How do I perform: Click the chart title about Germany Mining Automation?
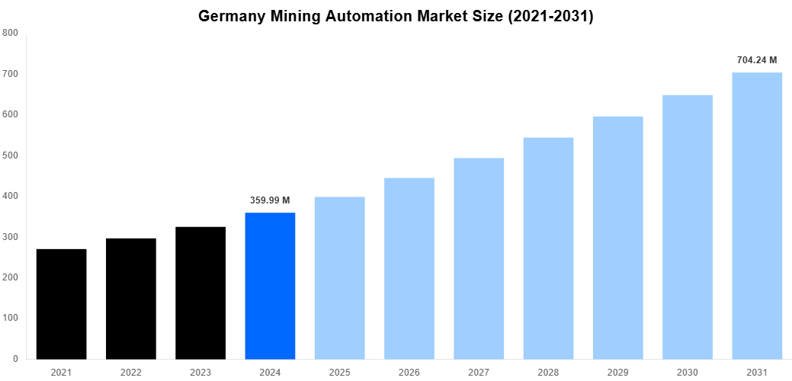396,16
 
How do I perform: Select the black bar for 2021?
61,304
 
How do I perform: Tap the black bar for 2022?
131,299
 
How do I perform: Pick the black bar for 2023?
200,293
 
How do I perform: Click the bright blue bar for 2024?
270,286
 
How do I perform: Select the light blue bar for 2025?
339,278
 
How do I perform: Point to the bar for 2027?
479,258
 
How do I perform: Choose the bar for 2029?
617,238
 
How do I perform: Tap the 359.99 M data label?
270,200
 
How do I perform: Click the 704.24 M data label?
757,59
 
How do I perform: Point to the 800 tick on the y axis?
11,33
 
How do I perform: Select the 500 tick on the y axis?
11,155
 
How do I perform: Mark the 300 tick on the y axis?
11,237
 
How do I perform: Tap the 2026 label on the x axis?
409,373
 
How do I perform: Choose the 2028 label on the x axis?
548,373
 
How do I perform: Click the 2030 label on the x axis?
687,373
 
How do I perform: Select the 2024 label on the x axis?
270,373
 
